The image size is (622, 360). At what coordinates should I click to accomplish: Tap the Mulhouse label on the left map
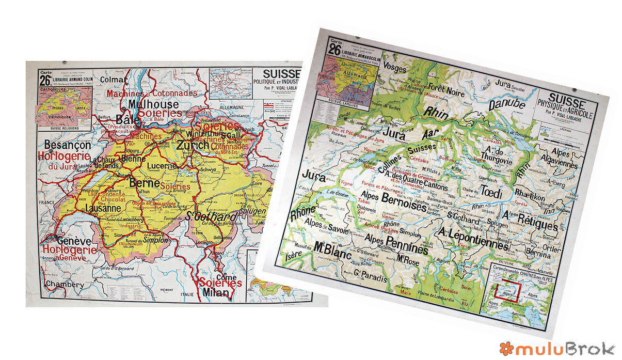pyautogui.click(x=153, y=104)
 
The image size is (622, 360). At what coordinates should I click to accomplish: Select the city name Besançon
pyautogui.click(x=67, y=145)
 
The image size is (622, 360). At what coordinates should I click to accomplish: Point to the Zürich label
pyautogui.click(x=193, y=146)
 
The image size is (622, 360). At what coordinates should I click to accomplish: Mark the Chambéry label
pyautogui.click(x=65, y=284)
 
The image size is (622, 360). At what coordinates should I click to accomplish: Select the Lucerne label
pyautogui.click(x=162, y=166)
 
